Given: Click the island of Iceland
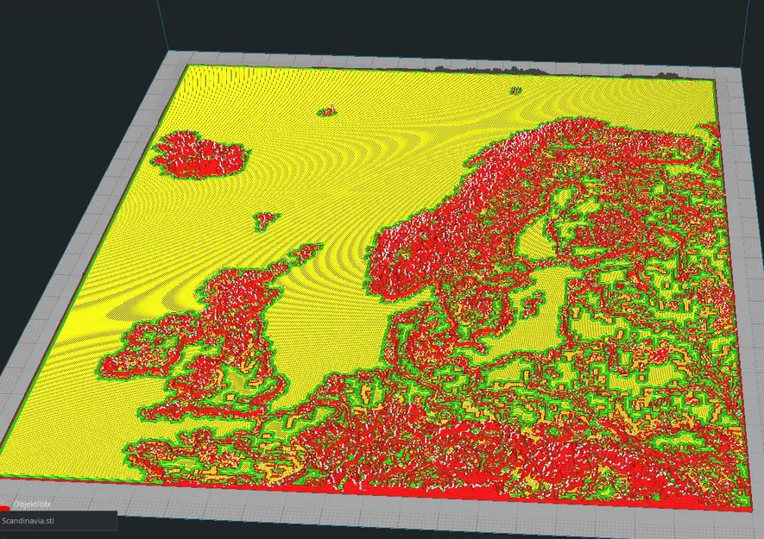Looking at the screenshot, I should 200,154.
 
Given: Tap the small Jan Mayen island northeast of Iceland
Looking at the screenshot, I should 327,110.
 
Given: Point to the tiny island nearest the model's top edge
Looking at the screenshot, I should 515,90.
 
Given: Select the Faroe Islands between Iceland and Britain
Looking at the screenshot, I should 266,221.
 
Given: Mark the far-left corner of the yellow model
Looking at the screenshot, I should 182,66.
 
